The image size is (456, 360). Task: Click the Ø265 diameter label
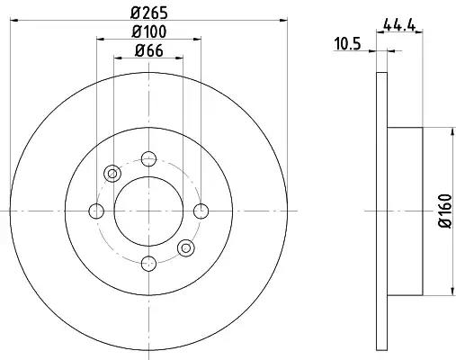click(x=148, y=13)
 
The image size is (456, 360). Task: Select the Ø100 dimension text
click(x=148, y=31)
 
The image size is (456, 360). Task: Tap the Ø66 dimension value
click(x=148, y=50)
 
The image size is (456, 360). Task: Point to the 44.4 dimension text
click(x=399, y=25)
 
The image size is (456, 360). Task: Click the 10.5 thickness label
click(x=347, y=44)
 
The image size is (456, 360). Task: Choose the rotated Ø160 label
click(x=445, y=211)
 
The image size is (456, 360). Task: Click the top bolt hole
click(x=148, y=158)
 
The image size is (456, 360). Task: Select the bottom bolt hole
click(x=148, y=264)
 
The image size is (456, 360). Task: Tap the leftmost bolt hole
click(x=96, y=211)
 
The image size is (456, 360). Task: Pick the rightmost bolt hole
click(x=201, y=211)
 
